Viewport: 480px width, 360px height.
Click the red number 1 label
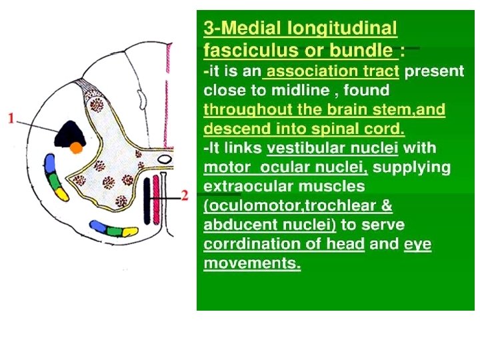11,119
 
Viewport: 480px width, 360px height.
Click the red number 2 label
185,195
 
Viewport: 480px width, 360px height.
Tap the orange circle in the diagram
77,147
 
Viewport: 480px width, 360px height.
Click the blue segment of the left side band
49,163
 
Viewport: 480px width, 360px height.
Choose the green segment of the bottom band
114,231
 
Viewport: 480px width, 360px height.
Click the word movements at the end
252,263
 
